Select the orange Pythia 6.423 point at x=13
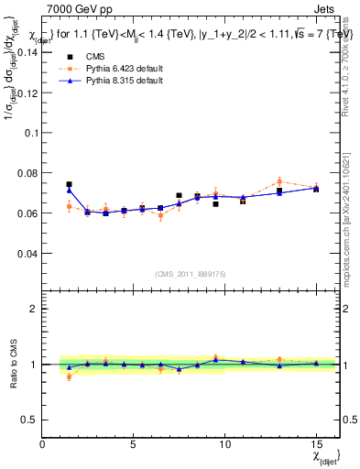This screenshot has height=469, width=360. click(279, 181)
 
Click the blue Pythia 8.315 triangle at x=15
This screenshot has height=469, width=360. click(316, 189)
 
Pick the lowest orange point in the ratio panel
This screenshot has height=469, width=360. click(70, 376)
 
